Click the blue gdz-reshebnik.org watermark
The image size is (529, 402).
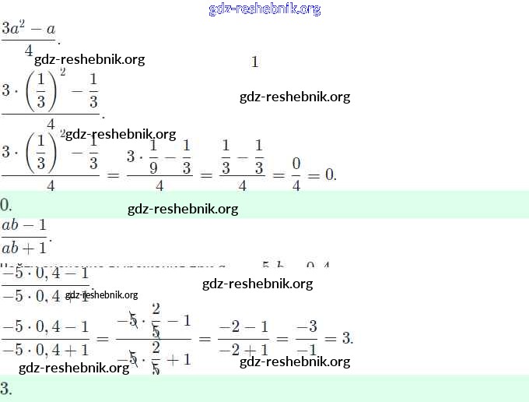click(x=264, y=9)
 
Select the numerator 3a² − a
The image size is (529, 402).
click(x=29, y=30)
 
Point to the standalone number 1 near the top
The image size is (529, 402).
click(x=254, y=62)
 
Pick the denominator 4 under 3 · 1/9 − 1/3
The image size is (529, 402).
click(x=159, y=186)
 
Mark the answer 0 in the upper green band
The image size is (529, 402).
click(x=5, y=206)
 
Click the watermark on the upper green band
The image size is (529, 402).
click(x=183, y=209)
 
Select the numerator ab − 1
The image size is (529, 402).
click(x=24, y=226)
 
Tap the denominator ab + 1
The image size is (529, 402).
click(x=24, y=249)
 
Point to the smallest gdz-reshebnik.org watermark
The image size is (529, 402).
click(x=101, y=294)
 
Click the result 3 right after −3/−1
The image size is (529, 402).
click(x=347, y=338)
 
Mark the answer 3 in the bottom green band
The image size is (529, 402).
click(x=5, y=389)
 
